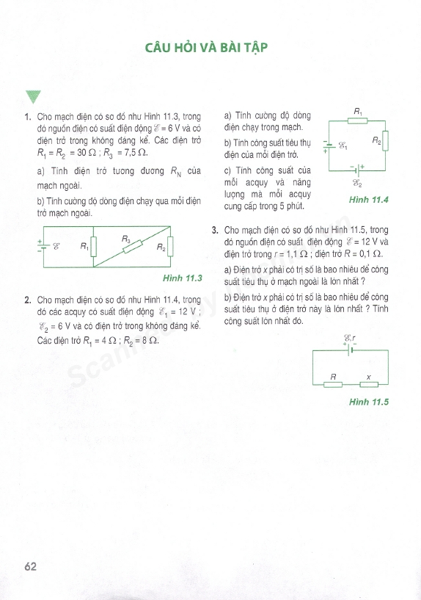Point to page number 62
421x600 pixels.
[30, 566]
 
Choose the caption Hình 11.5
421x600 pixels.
[368, 402]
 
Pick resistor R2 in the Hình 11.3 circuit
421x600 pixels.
[170, 247]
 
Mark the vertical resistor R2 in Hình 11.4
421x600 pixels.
[386, 140]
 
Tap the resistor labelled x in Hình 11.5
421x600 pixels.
[368, 383]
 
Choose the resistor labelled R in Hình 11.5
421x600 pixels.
[333, 383]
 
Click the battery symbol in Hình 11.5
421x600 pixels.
[350, 350]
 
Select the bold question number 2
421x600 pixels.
[27, 300]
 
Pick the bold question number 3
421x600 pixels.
[215, 230]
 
